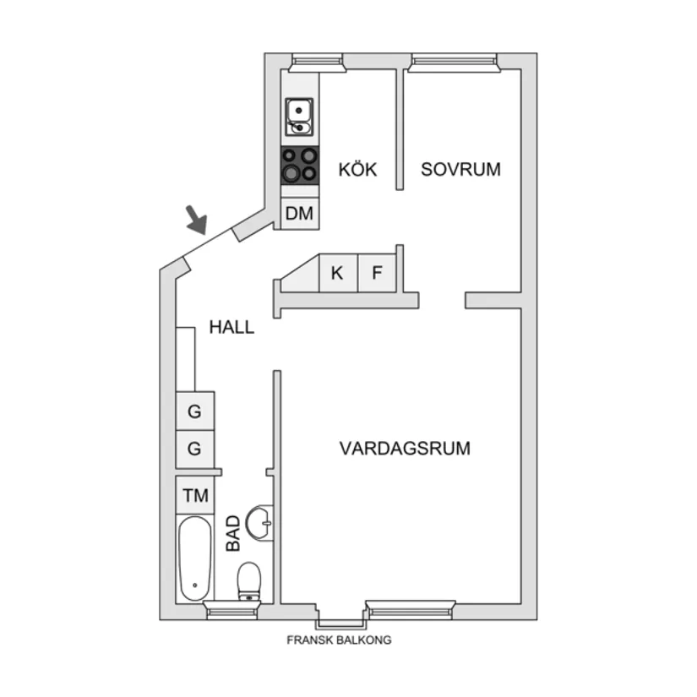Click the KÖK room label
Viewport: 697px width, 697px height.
point(357,169)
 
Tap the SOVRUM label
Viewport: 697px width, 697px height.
point(460,169)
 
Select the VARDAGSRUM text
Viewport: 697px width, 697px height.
point(405,448)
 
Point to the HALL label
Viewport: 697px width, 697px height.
point(231,327)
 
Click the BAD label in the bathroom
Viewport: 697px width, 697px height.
point(234,533)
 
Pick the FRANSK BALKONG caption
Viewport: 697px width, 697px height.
point(339,640)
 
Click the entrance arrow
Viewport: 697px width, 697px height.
point(197,221)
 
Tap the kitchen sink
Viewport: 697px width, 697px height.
point(299,117)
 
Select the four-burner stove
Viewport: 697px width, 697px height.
point(299,165)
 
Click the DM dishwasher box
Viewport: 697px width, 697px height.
point(299,214)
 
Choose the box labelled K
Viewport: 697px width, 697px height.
point(337,274)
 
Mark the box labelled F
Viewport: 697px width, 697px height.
point(377,274)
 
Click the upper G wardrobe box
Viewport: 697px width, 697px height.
point(195,412)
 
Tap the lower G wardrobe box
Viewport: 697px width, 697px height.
point(195,449)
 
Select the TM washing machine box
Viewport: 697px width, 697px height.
point(195,496)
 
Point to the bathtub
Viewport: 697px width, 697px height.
point(195,558)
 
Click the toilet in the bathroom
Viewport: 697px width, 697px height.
point(249,581)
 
